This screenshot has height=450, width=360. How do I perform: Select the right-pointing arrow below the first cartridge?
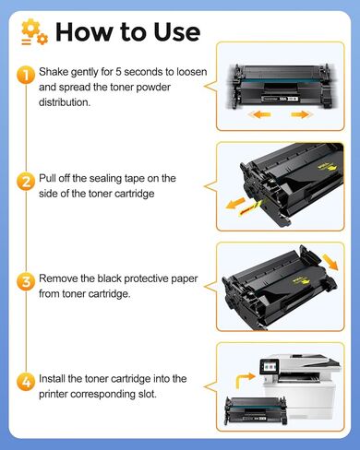pyautogui.click(x=301, y=115)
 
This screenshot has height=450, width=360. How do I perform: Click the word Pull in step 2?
pyautogui.click(x=52, y=178)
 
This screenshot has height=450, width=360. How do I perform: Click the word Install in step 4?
pyautogui.click(x=56, y=378)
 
